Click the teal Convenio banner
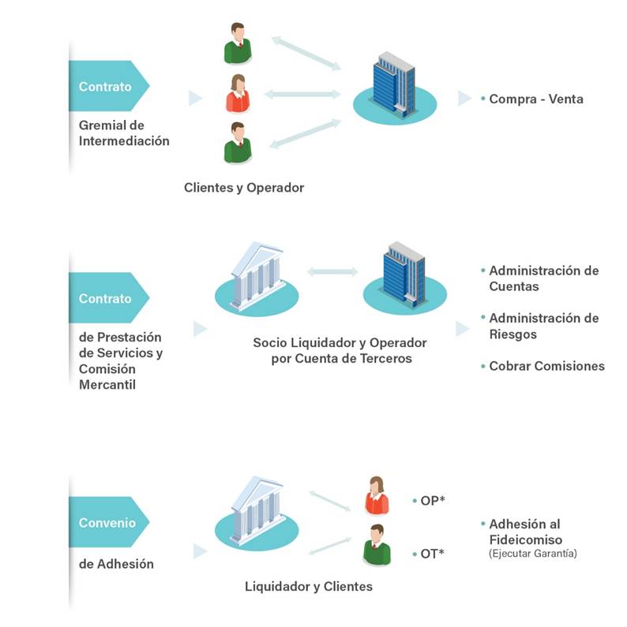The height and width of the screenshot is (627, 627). [x=107, y=522]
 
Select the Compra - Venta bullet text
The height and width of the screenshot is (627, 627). [x=535, y=99]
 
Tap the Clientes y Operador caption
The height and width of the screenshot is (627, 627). [x=243, y=188]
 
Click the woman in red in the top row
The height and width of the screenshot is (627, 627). [x=237, y=94]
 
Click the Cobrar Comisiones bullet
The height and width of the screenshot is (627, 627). [x=546, y=366]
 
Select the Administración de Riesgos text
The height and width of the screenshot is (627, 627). [x=543, y=326]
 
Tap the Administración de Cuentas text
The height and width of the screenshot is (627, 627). [x=543, y=278]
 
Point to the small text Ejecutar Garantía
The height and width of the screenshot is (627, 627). [x=533, y=554]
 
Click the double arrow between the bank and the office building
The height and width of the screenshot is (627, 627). [x=332, y=271]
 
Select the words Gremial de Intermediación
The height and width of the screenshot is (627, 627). [x=124, y=133]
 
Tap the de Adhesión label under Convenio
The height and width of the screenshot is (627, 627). [x=116, y=564]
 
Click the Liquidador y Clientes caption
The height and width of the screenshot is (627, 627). [x=308, y=587]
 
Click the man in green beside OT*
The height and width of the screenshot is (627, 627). [x=377, y=545]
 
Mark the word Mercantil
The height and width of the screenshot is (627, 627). [x=107, y=385]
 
